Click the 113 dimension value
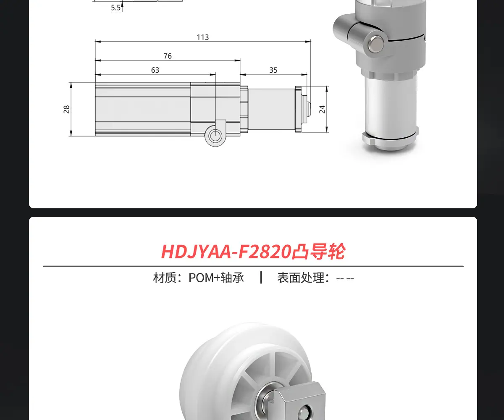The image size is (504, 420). point(202,37)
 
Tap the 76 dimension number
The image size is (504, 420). point(168,56)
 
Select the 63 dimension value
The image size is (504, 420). point(155,70)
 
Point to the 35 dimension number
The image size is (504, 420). point(273,70)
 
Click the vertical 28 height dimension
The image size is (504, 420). point(66,109)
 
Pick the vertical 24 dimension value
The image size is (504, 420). point(322,109)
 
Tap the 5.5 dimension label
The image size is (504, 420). point(115,8)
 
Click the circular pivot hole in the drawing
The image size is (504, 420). point(215,136)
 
